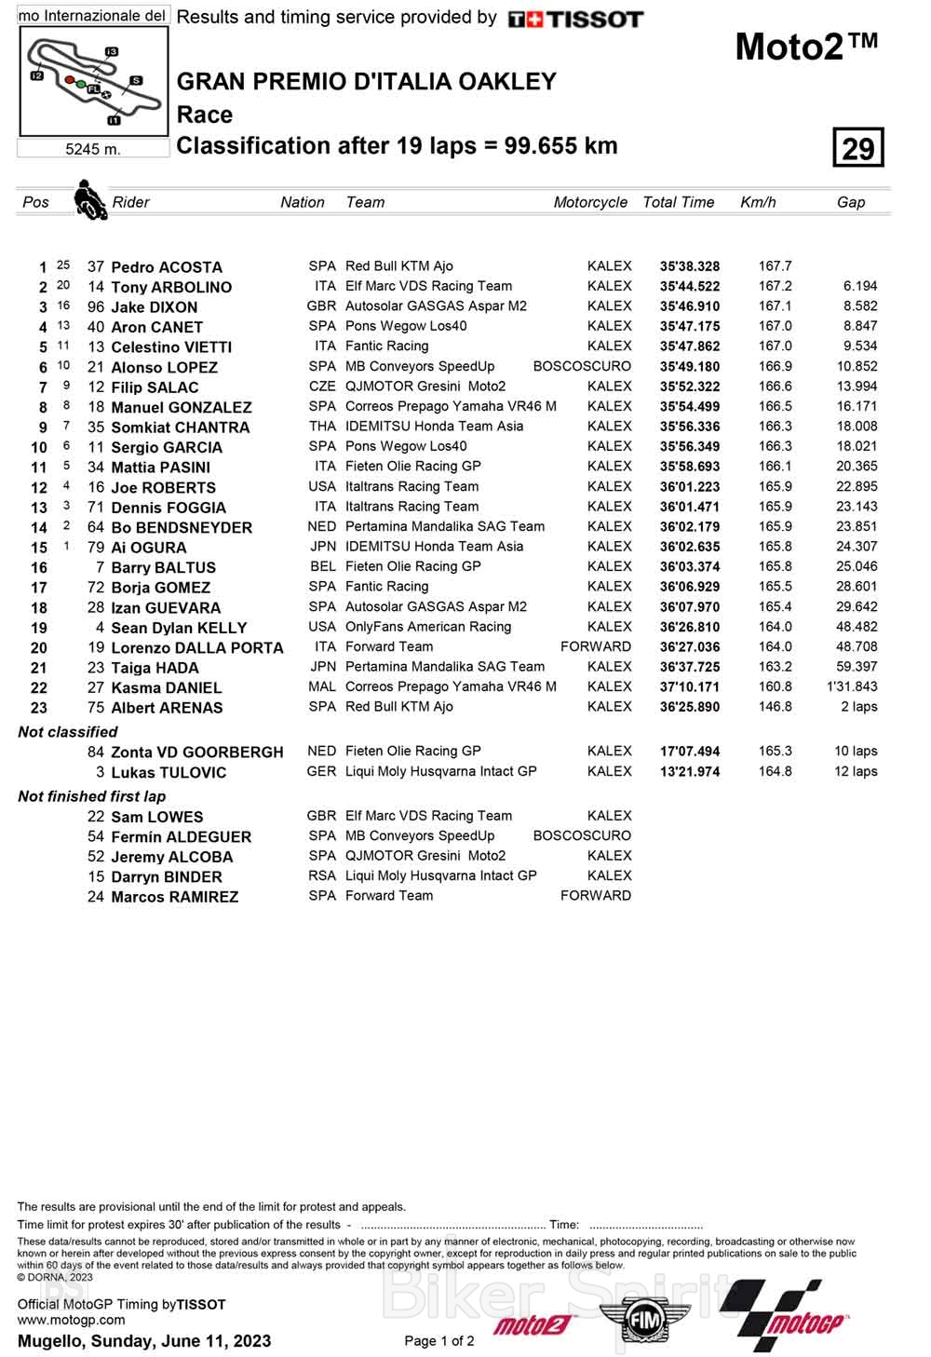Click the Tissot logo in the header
click(x=575, y=19)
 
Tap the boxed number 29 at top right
click(x=857, y=148)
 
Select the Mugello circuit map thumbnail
click(x=93, y=82)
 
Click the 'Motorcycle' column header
click(x=590, y=202)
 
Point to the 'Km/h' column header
click(x=758, y=202)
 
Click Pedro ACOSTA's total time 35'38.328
click(x=690, y=266)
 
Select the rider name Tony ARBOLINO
click(x=171, y=287)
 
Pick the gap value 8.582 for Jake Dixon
click(x=857, y=306)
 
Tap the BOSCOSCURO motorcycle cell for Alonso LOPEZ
click(x=582, y=366)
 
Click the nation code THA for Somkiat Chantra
click(x=322, y=427)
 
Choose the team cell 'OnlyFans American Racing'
click(x=428, y=627)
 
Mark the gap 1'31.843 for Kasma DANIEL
click(x=851, y=686)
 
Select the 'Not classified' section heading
click(x=68, y=732)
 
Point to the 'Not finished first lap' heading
click(x=92, y=796)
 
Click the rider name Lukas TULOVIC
click(x=169, y=772)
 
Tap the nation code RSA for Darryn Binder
click(x=322, y=876)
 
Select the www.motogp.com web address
click(x=71, y=1320)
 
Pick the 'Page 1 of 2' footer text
click(x=439, y=1341)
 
